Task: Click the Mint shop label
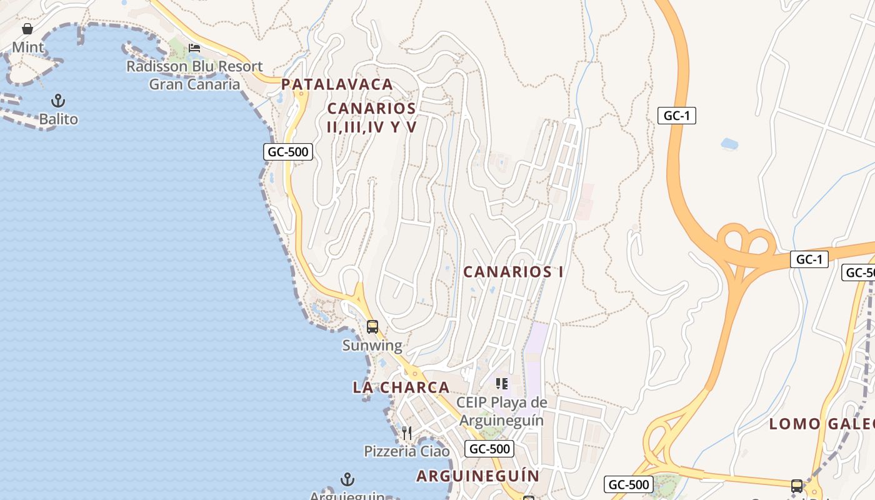[x=28, y=47]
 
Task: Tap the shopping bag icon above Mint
[x=27, y=29]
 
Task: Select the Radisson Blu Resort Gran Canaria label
[x=194, y=75]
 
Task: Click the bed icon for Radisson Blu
[x=194, y=48]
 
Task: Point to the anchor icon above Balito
[x=58, y=101]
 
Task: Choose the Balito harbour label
[x=59, y=119]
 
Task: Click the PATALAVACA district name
[x=337, y=84]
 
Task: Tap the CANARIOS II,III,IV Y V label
[x=372, y=117]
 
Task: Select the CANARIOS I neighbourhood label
[x=513, y=272]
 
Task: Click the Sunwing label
[x=372, y=345]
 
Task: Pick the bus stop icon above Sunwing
[x=372, y=326]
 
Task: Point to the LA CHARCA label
[x=401, y=387]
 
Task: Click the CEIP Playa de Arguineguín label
[x=501, y=411]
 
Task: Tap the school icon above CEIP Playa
[x=501, y=383]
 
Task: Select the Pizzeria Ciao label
[x=407, y=451]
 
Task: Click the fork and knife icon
[x=407, y=432]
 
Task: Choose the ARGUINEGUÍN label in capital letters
[x=477, y=476]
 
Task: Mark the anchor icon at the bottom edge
[x=347, y=479]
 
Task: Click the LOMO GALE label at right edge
[x=821, y=424]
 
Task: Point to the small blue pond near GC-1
[x=729, y=144]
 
